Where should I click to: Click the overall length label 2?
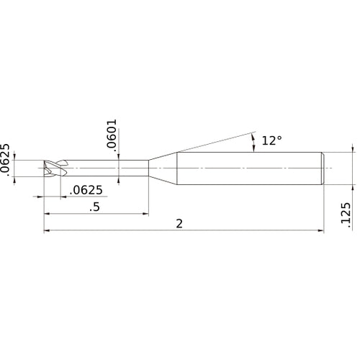coord(179,224)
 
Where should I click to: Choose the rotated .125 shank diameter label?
coord(346,215)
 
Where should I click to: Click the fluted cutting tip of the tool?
coord(53,168)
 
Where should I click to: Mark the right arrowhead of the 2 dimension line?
coord(320,231)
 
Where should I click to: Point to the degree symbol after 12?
coord(279,138)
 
